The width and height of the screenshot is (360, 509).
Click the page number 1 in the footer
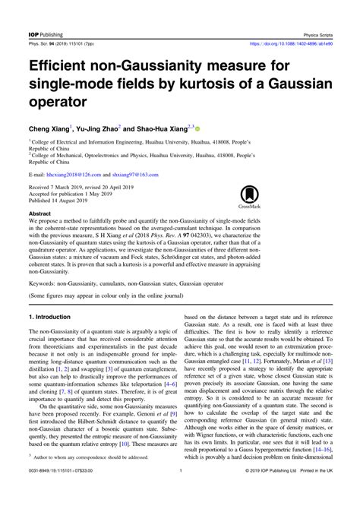180,493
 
